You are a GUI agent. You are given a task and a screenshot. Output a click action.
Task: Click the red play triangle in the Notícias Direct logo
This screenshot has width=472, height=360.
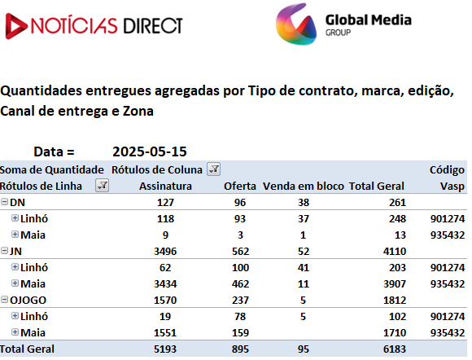point(15,26)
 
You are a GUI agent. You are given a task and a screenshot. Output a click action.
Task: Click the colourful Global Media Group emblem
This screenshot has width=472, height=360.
point(296,24)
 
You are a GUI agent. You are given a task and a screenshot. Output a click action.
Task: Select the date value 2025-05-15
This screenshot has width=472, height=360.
point(150,151)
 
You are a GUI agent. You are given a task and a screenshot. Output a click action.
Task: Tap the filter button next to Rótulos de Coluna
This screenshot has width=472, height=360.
point(213,169)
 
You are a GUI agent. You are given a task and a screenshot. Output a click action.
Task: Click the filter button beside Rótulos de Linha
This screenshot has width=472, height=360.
point(102,185)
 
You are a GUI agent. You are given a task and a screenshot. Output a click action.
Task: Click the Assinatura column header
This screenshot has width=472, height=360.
point(165,187)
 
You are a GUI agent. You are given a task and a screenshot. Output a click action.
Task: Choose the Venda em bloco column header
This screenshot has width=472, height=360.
point(304,187)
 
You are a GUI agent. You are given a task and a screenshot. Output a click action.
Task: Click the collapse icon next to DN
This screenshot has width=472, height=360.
point(5,201)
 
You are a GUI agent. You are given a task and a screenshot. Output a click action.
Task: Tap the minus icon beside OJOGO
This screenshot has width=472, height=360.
point(5,300)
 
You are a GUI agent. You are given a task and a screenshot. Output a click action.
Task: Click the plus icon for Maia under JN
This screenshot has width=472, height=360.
point(15,283)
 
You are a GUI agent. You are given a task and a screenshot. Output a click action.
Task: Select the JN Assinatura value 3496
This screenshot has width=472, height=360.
point(165,251)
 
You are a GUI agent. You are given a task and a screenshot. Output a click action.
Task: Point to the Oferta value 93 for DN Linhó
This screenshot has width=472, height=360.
point(240,219)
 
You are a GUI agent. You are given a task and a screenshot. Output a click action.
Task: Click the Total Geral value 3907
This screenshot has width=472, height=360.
point(395,283)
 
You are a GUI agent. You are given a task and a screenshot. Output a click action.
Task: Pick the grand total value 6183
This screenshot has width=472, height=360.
point(395,349)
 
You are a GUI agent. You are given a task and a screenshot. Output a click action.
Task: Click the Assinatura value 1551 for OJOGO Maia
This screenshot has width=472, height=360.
point(165,333)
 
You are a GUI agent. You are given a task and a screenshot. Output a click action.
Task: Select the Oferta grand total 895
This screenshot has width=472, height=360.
point(240,349)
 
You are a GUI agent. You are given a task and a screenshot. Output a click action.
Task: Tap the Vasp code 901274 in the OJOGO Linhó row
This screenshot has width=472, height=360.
point(448,316)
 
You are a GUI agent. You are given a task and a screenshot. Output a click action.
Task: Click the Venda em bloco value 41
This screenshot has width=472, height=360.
point(304,267)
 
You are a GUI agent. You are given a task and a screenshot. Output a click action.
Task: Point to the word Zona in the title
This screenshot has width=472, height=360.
point(138,111)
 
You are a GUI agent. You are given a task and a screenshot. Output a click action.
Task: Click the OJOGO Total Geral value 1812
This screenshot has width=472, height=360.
point(395,300)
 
